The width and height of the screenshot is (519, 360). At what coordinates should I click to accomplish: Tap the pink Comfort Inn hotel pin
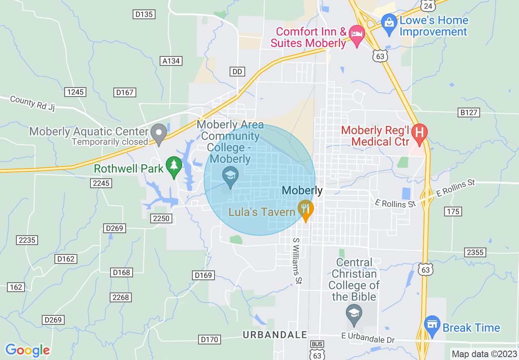coord(357,36)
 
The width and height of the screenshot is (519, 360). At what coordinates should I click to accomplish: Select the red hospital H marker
coord(419,133)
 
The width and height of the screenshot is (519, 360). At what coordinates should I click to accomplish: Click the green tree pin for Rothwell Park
coord(174,166)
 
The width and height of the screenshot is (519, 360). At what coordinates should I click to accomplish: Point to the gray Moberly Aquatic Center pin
coord(159,133)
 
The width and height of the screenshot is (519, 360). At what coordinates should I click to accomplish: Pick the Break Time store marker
coord(432,326)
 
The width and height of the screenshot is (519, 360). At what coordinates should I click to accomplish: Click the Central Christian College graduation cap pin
coord(354,314)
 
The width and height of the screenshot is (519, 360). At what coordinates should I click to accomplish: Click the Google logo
coord(27,350)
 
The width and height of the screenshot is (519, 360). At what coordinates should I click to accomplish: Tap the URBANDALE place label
coord(275,335)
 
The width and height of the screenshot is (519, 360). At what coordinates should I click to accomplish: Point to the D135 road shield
coord(144,14)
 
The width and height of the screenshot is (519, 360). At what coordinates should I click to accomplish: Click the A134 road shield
coord(171,61)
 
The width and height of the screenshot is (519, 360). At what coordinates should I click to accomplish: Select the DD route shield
coord(237,72)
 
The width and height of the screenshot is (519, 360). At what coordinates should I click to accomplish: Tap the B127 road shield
coord(469,112)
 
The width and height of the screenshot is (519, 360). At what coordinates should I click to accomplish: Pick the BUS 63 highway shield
coord(317,349)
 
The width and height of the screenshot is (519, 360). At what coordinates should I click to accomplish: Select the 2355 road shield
coord(475,252)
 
